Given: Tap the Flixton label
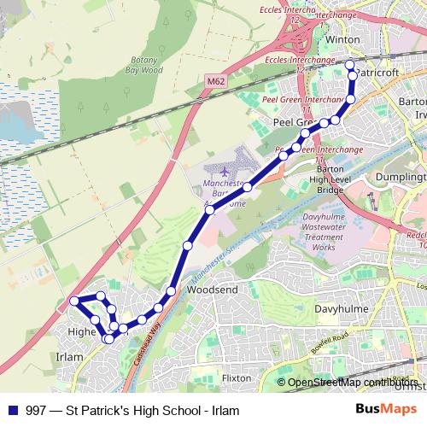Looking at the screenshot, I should (x=236, y=377).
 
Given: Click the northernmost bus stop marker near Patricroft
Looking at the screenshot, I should (x=349, y=64).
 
